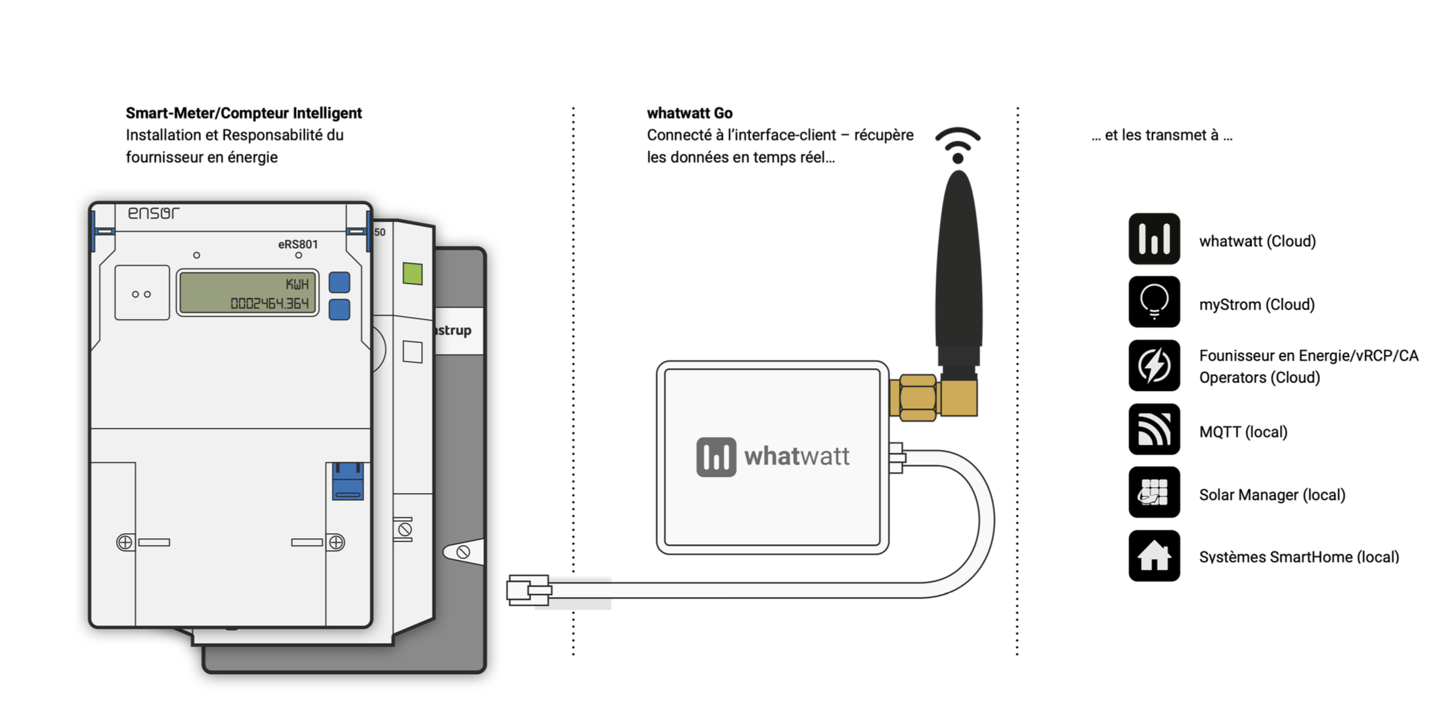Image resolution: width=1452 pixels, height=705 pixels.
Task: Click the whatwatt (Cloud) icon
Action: (1154, 239)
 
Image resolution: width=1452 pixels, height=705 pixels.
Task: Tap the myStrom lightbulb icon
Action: (1154, 302)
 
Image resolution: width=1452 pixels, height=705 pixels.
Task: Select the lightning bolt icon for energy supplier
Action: (1154, 366)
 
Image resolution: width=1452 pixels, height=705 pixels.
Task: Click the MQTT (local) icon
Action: (1154, 429)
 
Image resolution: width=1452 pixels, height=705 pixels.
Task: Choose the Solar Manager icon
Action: (1154, 492)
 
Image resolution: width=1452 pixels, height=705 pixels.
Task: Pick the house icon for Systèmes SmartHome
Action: (1154, 556)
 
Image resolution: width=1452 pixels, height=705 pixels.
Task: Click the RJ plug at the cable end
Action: (528, 590)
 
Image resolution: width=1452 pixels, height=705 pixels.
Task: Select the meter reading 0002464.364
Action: (269, 303)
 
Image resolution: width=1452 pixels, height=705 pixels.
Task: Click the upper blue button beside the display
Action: (339, 282)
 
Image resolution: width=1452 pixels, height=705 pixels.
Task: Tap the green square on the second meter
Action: (412, 274)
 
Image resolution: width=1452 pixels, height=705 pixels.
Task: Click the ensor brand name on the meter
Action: (153, 213)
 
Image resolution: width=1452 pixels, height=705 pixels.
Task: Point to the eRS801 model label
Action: (298, 244)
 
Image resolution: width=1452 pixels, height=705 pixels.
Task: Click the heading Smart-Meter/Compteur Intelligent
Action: (244, 113)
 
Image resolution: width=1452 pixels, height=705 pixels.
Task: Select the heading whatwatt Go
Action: (689, 113)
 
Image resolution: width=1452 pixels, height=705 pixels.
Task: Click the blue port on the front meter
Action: (348, 481)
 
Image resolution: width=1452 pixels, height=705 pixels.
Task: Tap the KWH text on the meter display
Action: (297, 284)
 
